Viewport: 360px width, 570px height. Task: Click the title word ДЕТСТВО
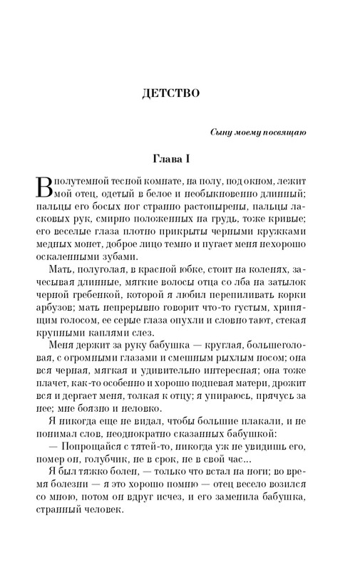[x=179, y=93]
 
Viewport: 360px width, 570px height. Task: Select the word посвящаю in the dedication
[x=304, y=133]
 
